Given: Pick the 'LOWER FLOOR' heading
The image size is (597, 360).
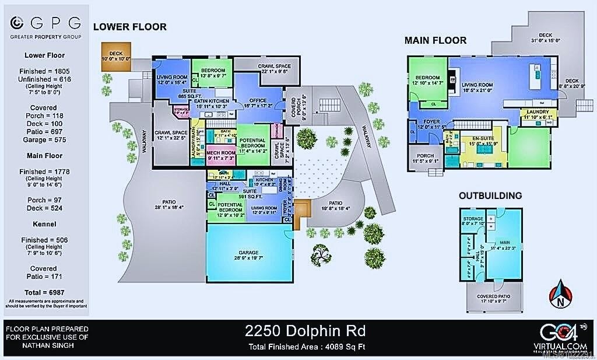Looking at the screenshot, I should (130, 27).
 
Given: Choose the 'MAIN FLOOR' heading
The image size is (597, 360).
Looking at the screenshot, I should (436, 40).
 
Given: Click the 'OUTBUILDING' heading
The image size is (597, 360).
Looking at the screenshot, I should (490, 195).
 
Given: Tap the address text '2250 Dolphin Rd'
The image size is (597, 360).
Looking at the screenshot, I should (305, 331).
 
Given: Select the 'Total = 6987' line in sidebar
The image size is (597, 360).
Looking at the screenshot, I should (44, 291).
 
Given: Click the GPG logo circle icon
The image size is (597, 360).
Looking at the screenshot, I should (18, 23).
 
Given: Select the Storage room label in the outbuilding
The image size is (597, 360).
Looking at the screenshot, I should (473, 218).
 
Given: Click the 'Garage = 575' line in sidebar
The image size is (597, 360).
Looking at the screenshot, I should (44, 139).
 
